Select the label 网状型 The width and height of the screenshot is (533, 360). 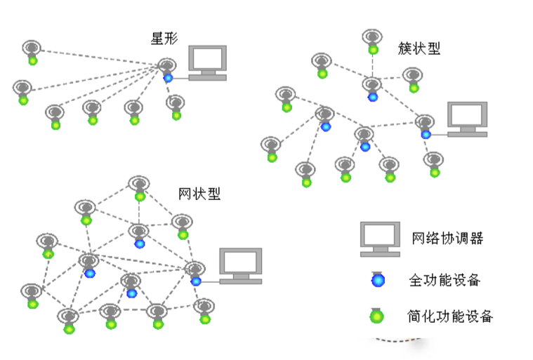point(199,194)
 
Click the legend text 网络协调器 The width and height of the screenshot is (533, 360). point(447,238)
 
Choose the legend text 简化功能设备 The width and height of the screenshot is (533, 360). point(450,316)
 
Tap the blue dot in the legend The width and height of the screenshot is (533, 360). point(378,280)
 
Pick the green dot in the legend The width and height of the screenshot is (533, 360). point(378,316)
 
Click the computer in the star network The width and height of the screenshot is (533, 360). point(208,62)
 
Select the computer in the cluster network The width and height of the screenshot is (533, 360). point(467,119)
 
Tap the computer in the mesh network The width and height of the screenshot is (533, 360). point(241,265)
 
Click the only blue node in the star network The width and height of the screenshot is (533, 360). point(168,78)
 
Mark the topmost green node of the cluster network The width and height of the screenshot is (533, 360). point(373,50)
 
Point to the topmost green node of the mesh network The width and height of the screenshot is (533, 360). point(140,196)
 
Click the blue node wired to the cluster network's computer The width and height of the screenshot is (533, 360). point(426,134)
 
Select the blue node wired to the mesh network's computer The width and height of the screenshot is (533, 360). point(196,281)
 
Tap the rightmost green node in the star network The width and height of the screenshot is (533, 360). point(176,115)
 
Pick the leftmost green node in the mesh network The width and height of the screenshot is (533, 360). point(32,304)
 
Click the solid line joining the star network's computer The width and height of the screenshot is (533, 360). point(180,78)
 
